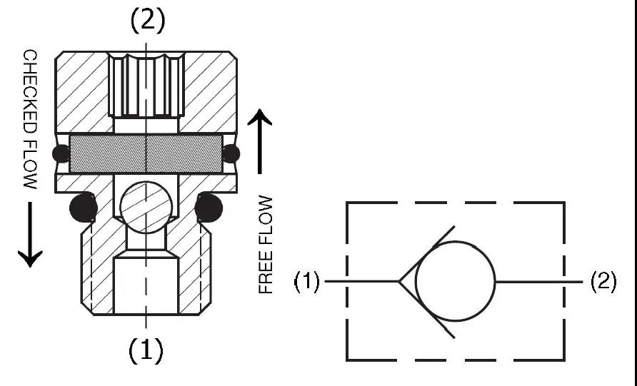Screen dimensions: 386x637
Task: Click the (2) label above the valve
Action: coord(147,21)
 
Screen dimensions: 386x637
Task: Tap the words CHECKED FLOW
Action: coord(30,119)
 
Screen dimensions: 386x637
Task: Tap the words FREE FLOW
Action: coord(266,245)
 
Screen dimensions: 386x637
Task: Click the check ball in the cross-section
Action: coord(146,204)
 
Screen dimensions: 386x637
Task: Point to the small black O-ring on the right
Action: coord(231,153)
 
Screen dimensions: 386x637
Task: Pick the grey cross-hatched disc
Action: coord(146,153)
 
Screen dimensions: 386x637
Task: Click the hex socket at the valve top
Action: coord(146,86)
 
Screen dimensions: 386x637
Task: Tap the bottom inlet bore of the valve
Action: coord(146,285)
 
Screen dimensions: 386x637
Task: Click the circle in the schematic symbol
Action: coord(456,282)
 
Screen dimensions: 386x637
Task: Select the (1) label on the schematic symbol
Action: coord(307,283)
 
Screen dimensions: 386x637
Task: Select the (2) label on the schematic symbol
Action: coord(603,283)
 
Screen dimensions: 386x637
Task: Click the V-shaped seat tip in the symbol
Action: coord(401,282)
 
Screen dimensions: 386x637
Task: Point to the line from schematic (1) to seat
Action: coord(361,282)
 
